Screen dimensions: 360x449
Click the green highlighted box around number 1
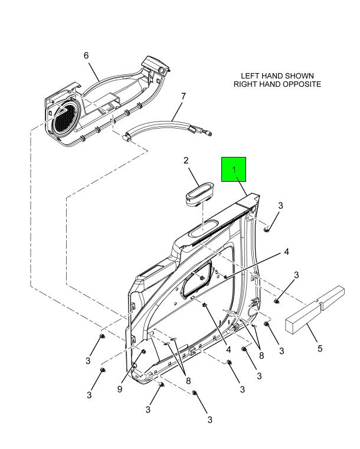point(234,169)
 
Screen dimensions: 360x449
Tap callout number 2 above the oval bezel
point(186,160)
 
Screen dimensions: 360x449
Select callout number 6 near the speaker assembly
point(86,55)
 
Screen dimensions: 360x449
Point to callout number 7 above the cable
point(184,96)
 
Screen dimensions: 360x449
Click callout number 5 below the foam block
point(320,349)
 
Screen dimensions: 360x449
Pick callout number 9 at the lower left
point(120,389)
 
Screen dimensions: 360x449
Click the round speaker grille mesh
point(67,118)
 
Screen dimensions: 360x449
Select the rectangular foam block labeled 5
point(315,310)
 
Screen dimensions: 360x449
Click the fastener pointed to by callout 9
point(143,352)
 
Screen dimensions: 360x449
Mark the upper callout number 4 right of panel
point(286,252)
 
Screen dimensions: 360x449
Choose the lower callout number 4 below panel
point(228,350)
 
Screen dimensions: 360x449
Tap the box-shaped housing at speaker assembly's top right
point(155,64)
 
